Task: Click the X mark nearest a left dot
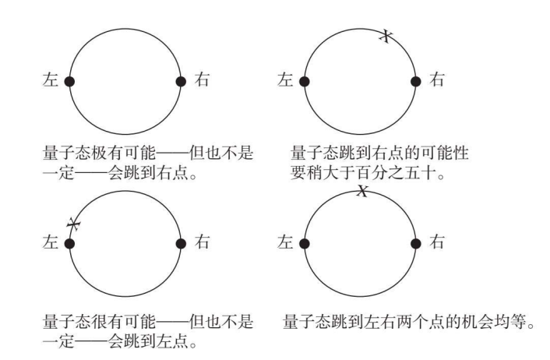coord(74,224)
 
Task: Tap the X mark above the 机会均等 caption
coord(362,191)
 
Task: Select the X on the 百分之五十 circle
coord(386,35)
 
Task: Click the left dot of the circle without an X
coord(69,81)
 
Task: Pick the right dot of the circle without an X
coord(181,81)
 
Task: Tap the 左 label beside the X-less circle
coord(50,79)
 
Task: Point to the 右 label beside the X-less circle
coord(202,79)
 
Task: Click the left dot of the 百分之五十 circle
coord(305,81)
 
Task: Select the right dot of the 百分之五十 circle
coord(416,81)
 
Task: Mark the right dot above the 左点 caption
coord(181,244)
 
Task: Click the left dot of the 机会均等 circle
coord(305,244)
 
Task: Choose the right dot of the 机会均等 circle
coord(416,244)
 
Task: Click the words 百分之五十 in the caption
coord(395,173)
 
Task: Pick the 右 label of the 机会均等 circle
coord(437,242)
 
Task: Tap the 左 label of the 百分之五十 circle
coord(285,79)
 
